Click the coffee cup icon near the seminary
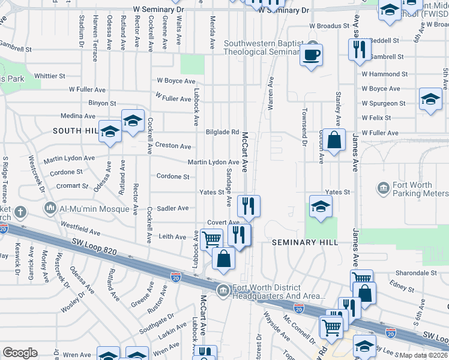(311, 55)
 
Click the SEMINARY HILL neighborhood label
(305, 242)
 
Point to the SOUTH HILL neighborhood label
(75, 130)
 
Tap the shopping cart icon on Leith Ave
(211, 239)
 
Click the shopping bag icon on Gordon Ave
(336, 140)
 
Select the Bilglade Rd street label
(223, 132)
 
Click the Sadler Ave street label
(172, 208)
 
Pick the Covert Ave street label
(224, 223)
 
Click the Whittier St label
(50, 76)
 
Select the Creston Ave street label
(173, 146)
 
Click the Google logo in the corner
(20, 353)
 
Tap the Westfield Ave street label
(80, 231)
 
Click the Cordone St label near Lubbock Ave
(173, 177)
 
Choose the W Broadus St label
(329, 26)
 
